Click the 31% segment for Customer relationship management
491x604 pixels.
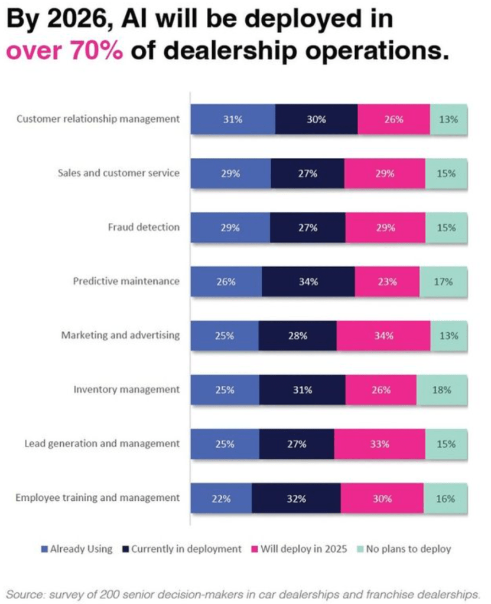click(233, 119)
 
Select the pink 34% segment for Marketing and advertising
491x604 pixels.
click(383, 336)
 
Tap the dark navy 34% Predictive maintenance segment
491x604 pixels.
click(308, 281)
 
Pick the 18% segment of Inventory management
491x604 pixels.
click(441, 389)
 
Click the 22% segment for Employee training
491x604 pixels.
click(222, 498)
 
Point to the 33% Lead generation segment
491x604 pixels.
click(379, 444)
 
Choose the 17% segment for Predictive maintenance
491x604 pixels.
click(443, 281)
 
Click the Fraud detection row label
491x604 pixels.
click(144, 227)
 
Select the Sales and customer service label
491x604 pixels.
click(118, 173)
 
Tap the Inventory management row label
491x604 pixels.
click(126, 389)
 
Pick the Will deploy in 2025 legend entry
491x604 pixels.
click(301, 549)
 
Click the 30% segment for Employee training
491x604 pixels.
click(382, 498)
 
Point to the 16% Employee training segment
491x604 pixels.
click(446, 498)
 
